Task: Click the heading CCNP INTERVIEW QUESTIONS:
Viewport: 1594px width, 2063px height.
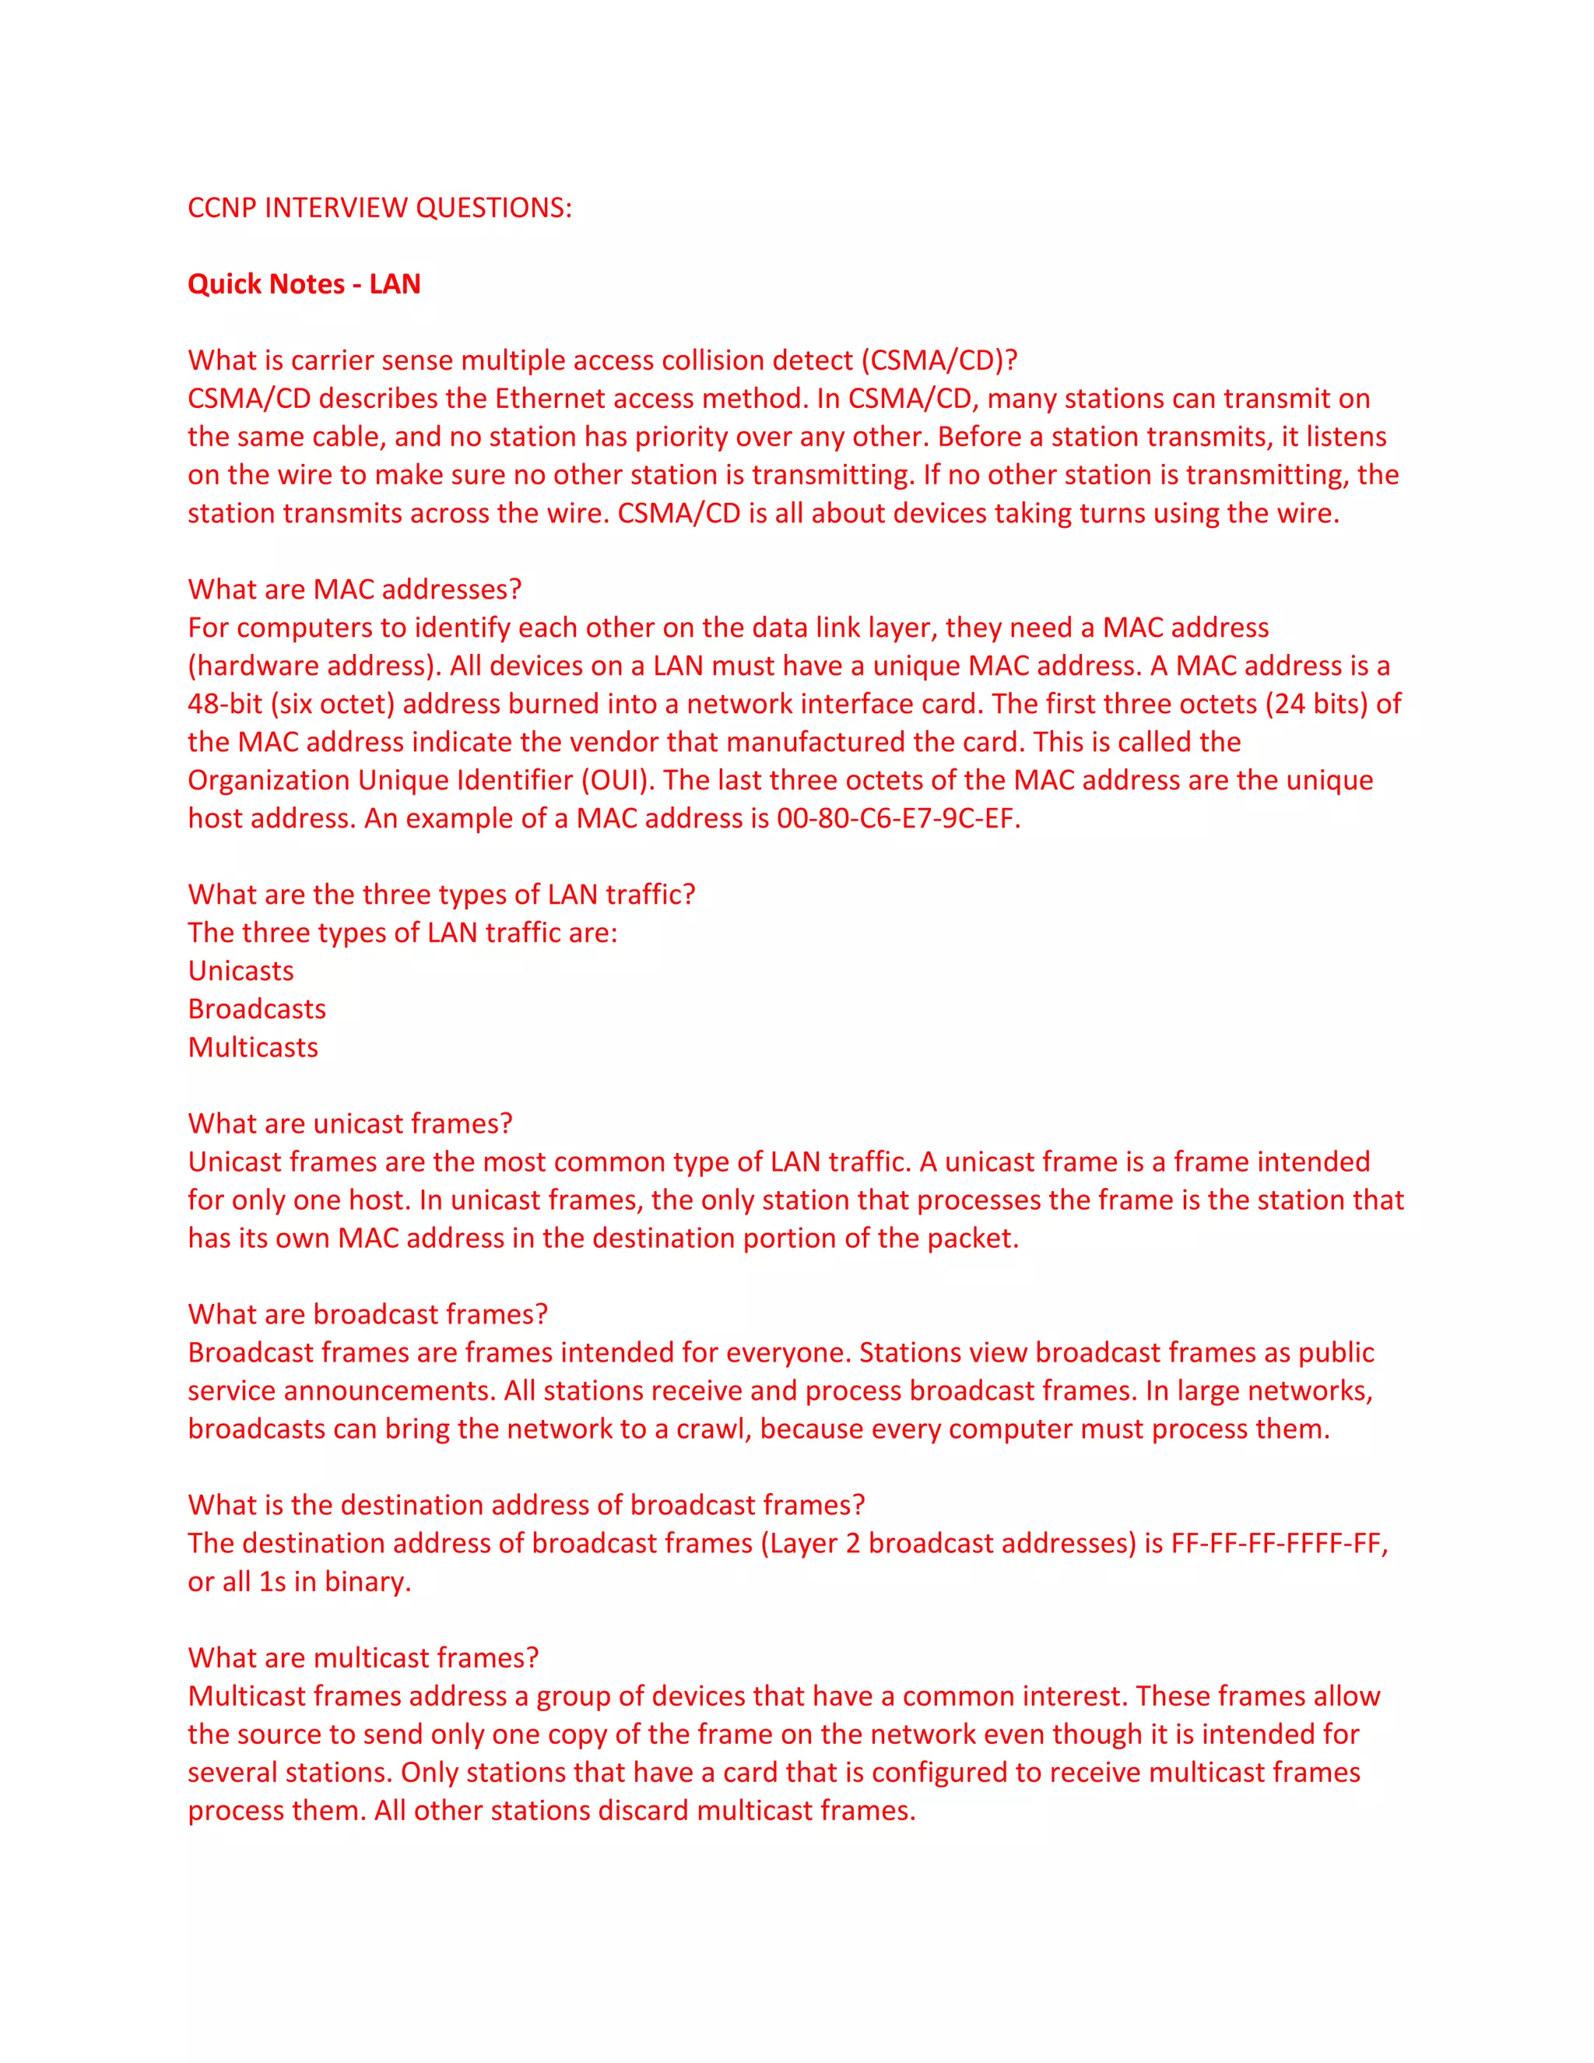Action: pos(380,208)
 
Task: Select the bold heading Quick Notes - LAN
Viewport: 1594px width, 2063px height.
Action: pos(304,284)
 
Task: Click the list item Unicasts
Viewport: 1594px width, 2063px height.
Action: pos(241,971)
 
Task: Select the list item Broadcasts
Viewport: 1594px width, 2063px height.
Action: pos(257,1009)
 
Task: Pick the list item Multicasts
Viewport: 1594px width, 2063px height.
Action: pos(253,1048)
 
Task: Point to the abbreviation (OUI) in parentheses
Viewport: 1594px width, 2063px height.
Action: pos(616,780)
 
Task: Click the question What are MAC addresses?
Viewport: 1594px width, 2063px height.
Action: pos(354,589)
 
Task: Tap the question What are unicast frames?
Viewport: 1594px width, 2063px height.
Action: pos(350,1123)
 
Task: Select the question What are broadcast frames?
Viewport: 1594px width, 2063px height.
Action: pos(367,1314)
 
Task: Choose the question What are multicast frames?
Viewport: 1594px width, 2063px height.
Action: pos(363,1657)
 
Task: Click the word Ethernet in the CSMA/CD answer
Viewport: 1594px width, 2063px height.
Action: pos(549,399)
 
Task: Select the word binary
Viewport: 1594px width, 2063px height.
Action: pos(367,1581)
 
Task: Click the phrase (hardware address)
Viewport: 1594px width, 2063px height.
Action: pos(314,666)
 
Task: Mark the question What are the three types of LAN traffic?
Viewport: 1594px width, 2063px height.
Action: pos(441,894)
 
